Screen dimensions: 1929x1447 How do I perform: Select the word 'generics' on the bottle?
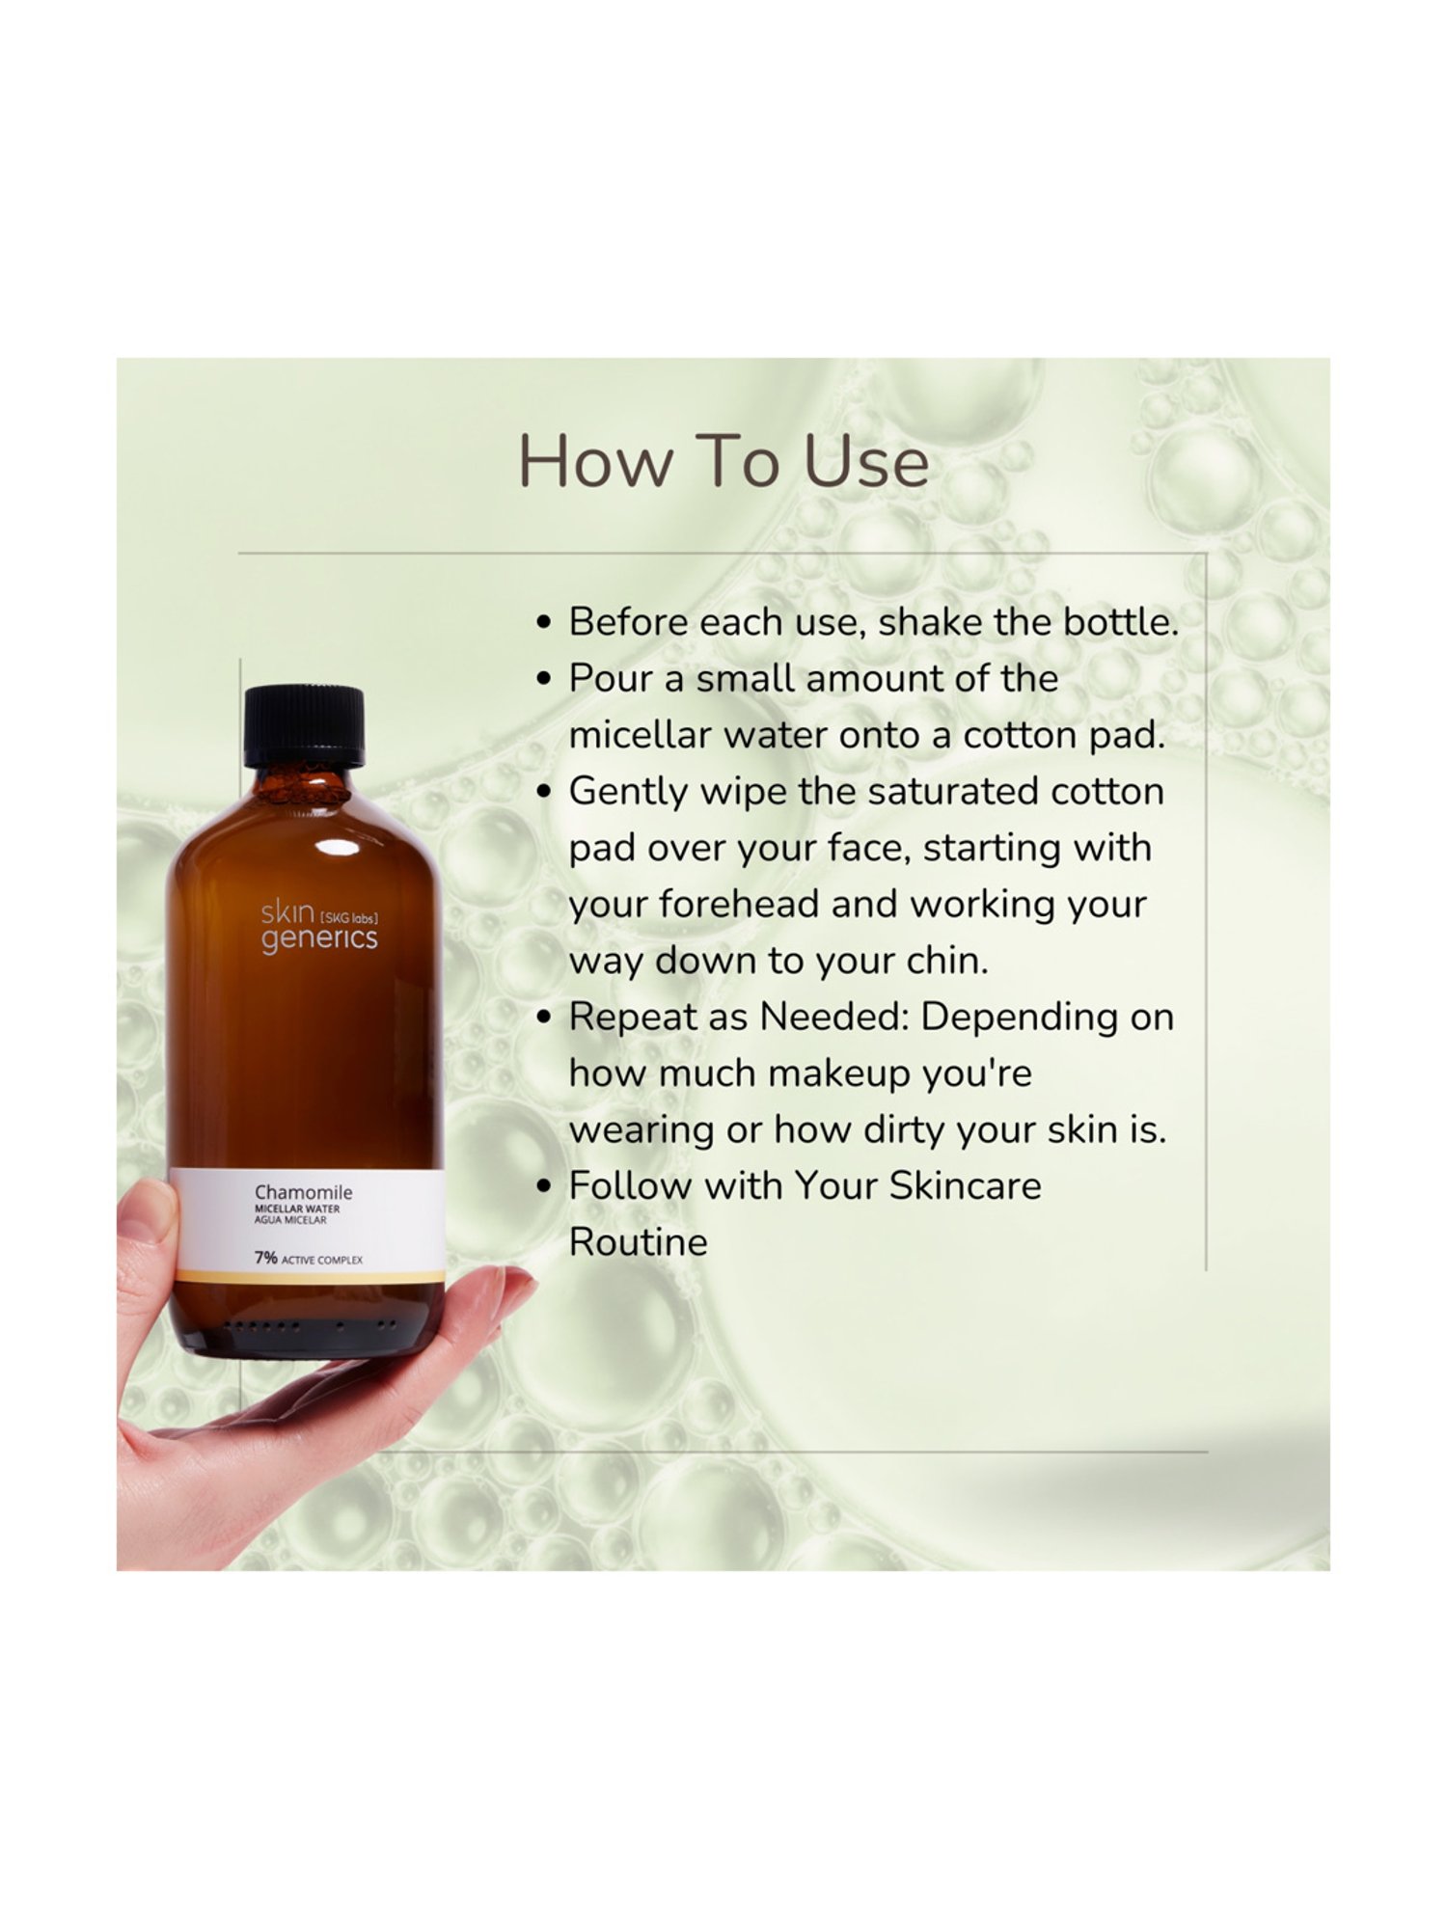318,938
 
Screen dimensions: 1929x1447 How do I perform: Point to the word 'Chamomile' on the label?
303,1193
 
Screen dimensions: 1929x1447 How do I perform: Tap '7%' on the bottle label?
265,1259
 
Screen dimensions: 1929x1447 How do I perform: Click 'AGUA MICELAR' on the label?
290,1220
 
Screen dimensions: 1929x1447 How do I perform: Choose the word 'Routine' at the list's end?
638,1242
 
